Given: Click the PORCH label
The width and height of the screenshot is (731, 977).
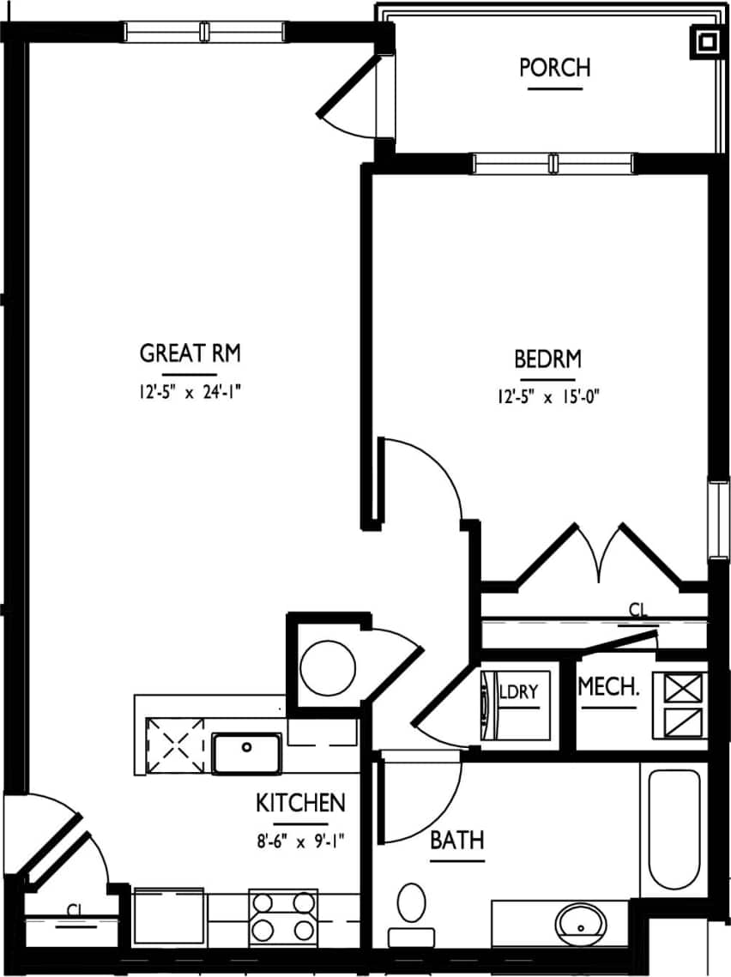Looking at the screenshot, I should pos(555,67).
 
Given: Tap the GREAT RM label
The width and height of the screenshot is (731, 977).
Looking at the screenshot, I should pos(190,353).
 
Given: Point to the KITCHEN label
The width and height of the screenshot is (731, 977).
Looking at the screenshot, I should pos(300,804).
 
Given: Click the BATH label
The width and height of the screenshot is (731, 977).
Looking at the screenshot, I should pos(456,841).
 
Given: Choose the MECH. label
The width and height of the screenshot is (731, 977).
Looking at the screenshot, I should pos(608,687).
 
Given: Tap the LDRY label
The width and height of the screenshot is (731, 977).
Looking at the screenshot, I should pos(522,691).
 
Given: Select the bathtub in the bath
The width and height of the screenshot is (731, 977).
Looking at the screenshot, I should pos(674,829).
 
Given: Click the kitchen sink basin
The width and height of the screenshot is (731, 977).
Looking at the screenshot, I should pos(246,752).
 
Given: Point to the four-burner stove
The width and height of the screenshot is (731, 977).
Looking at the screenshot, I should pos(282,916).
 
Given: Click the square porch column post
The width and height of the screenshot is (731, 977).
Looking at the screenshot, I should pos(706,41).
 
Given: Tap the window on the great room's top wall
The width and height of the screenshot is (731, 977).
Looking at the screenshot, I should pos(204,32).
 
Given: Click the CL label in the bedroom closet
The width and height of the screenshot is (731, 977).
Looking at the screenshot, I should pos(637,610).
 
